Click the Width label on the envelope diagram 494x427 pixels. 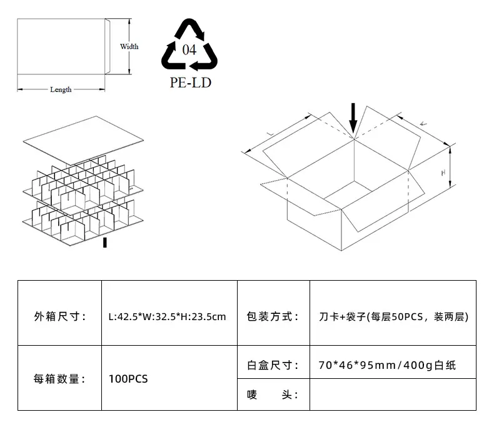(x=129, y=46)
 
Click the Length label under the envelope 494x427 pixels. (x=61, y=89)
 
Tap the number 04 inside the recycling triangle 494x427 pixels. (x=189, y=50)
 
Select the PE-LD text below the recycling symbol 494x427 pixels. (x=190, y=83)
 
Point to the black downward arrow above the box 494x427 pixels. (x=353, y=119)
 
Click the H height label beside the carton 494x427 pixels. (x=443, y=171)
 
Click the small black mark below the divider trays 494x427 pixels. (x=105, y=242)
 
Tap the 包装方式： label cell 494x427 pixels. (x=273, y=317)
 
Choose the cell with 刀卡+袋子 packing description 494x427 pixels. (x=393, y=317)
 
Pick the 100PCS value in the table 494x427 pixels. (x=128, y=378)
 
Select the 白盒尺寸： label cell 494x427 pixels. (x=273, y=364)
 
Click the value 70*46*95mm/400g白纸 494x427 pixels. (x=387, y=364)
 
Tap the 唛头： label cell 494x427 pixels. (x=273, y=394)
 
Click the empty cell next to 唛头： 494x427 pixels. (x=393, y=394)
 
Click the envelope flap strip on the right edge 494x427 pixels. (x=106, y=47)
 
